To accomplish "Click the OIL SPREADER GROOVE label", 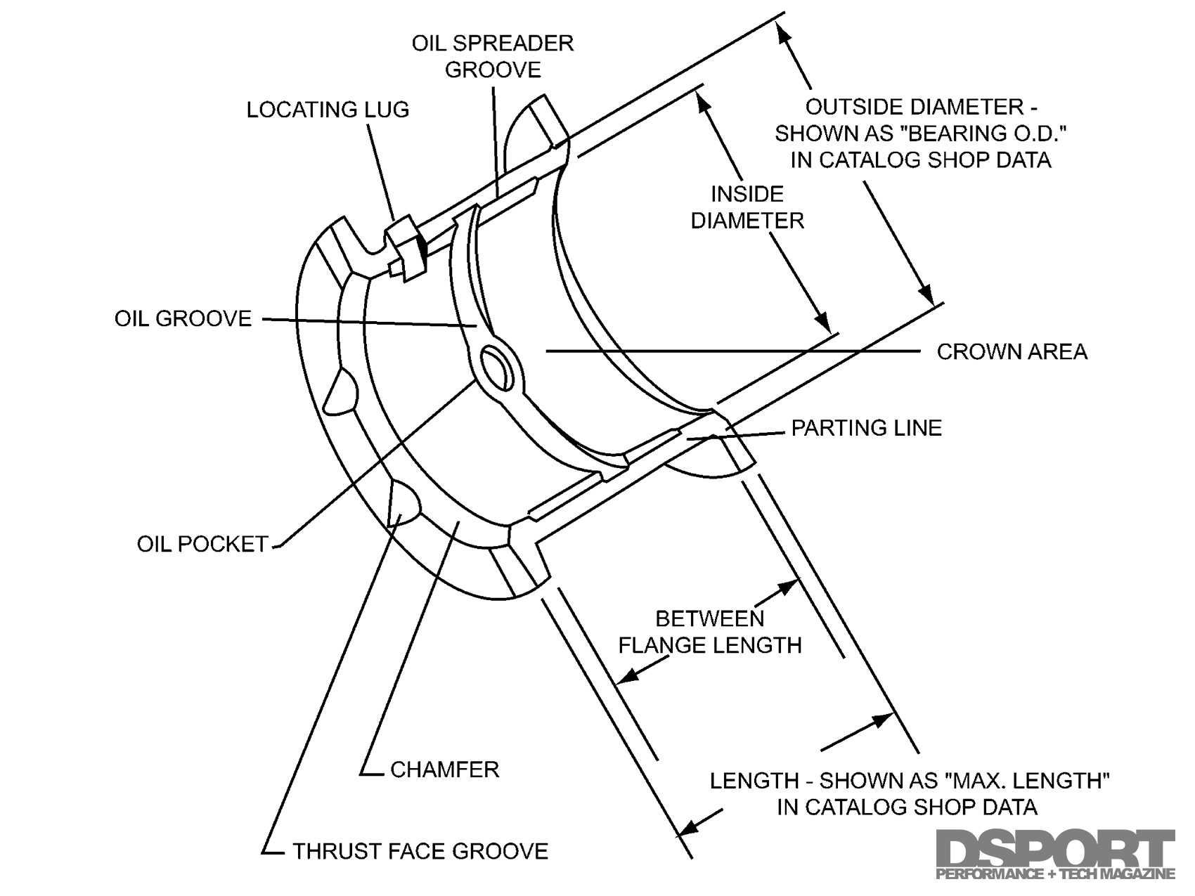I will (493, 56).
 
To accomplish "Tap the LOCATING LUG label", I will (328, 110).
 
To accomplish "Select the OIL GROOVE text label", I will (183, 318).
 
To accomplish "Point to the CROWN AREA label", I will (1012, 351).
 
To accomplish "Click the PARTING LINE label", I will (866, 428).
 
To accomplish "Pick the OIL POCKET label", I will (202, 543).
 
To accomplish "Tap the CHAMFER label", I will (444, 769).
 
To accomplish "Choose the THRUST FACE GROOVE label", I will (420, 851).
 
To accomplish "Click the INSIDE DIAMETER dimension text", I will (747, 207).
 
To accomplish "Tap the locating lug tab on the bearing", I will (406, 247).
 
